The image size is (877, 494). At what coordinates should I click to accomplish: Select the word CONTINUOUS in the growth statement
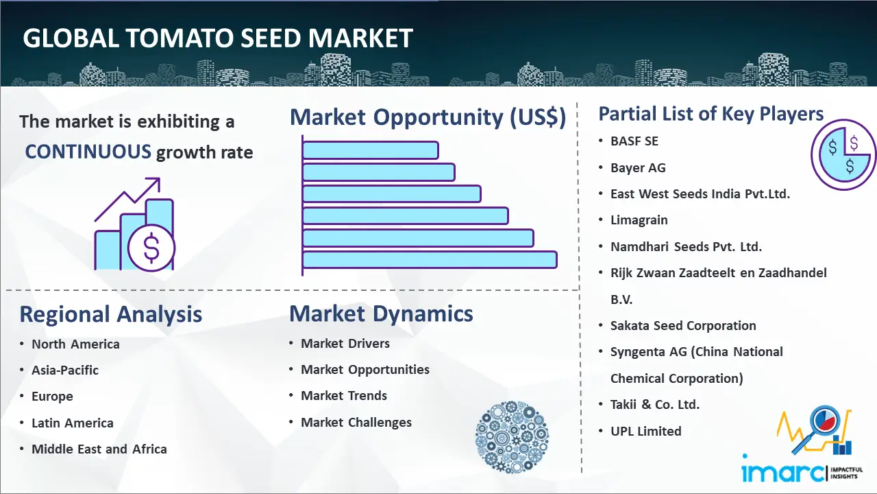point(88,152)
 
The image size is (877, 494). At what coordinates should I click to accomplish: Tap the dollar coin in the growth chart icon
point(151,248)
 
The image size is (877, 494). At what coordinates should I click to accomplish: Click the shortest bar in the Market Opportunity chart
point(371,150)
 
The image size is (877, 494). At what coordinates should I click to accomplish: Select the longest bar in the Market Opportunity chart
point(430,260)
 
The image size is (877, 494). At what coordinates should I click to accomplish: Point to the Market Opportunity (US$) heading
point(428,117)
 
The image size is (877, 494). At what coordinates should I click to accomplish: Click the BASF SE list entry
point(634,141)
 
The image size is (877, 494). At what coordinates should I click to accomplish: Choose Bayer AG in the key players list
point(638,168)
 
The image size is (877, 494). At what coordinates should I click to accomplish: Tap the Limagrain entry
point(639,220)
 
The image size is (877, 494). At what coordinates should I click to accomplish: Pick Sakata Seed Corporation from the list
point(683,325)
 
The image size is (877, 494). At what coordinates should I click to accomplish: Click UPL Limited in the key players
point(646,432)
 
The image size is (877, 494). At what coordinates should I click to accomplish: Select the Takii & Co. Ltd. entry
point(654,405)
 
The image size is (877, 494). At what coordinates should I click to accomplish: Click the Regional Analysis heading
point(111,314)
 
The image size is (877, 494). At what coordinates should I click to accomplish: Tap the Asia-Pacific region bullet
point(65,370)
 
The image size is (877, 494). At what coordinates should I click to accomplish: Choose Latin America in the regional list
point(73,423)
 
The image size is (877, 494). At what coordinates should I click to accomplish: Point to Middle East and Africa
point(99,449)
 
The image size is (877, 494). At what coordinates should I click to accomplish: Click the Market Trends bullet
point(344,396)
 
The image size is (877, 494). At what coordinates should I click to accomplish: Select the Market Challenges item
point(356,423)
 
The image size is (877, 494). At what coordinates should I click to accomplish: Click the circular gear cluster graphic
point(512,437)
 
